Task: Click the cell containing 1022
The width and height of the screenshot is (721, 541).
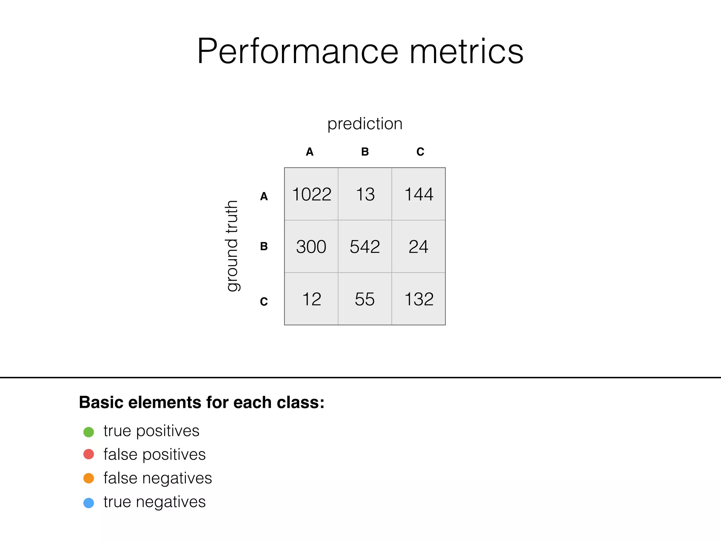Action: click(312, 194)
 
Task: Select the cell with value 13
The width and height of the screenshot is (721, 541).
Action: click(365, 194)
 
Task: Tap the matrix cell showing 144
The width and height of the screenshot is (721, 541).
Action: click(419, 194)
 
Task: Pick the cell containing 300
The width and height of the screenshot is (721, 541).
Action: click(312, 247)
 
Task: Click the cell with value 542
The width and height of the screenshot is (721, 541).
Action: click(365, 247)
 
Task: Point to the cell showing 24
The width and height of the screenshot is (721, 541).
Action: click(419, 247)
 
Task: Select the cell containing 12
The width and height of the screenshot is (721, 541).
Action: click(312, 299)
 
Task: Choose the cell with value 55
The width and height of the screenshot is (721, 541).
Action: click(365, 299)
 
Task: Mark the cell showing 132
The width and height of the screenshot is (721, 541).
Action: click(419, 299)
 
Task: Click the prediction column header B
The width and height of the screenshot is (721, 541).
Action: click(365, 152)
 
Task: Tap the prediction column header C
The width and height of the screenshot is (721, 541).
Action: click(420, 152)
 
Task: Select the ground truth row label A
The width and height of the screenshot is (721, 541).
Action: click(264, 197)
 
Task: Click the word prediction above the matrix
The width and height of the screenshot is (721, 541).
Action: click(365, 124)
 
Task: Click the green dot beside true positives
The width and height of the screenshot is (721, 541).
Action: click(89, 432)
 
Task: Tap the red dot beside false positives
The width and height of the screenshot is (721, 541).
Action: click(89, 454)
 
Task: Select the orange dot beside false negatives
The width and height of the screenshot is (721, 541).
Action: click(89, 478)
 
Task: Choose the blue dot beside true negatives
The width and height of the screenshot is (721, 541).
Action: click(89, 503)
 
